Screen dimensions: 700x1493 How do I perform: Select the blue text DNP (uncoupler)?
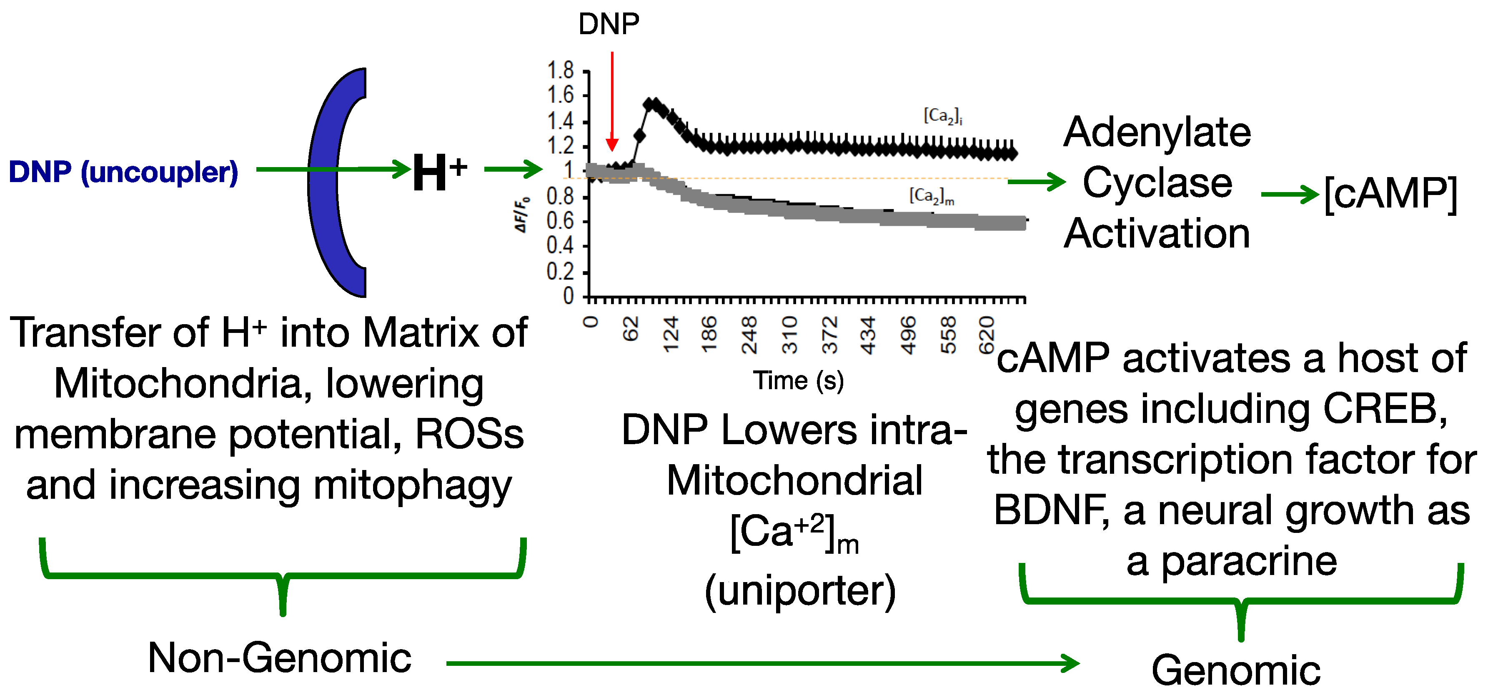(x=123, y=172)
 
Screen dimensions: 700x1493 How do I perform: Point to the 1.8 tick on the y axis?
(x=561, y=71)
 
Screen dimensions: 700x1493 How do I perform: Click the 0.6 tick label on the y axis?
(x=560, y=221)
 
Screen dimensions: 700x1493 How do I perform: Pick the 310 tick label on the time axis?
(x=790, y=335)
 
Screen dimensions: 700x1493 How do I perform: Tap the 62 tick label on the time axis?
(x=631, y=329)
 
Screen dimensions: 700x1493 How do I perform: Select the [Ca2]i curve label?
(x=942, y=116)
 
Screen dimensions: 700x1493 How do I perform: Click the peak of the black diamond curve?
(x=651, y=104)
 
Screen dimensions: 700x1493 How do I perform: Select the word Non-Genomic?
(x=279, y=658)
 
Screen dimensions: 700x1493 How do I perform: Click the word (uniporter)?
(x=800, y=591)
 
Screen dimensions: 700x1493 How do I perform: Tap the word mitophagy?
(x=412, y=485)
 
